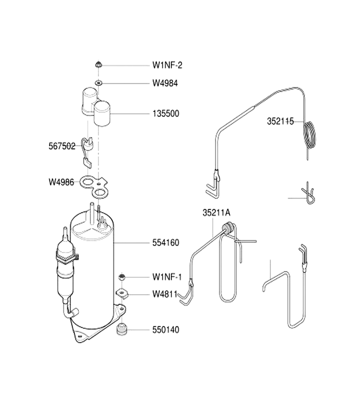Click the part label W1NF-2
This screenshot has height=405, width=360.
pos(167,65)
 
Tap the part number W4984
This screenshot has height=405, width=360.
pos(165,83)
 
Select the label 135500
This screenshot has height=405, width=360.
pos(166,113)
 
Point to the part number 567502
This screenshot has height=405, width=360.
pos(62,146)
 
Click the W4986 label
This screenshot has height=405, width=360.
pos(61,182)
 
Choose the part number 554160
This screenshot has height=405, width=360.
pos(166,243)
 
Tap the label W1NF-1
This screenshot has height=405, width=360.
pos(167,277)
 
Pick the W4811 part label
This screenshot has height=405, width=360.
pos(165,294)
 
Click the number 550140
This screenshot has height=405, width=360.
pos(166,330)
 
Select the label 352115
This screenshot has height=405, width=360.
pos(280,121)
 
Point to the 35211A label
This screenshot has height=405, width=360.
pos(216,213)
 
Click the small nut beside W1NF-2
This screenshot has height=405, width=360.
pos(98,64)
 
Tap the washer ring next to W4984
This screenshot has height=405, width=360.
pos(99,83)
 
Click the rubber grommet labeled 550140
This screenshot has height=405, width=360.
pos(121,329)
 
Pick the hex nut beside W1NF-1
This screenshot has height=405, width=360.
pos(122,277)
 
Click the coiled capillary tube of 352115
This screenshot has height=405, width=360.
pos(310,135)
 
